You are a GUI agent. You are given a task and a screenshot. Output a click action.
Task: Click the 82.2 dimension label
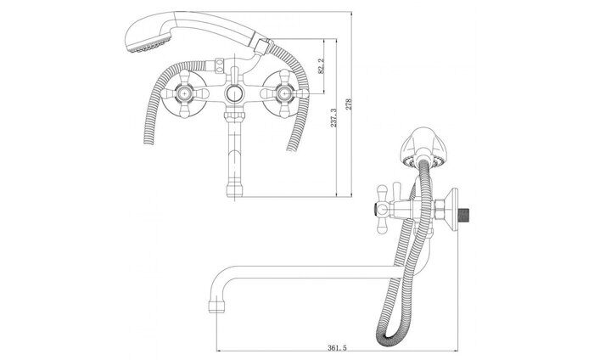click(x=322, y=66)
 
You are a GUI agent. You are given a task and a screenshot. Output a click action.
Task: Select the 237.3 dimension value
click(x=333, y=118)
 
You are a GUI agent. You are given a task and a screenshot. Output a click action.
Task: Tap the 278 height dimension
click(x=349, y=104)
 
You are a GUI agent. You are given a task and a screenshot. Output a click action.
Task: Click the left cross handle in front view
click(x=184, y=93)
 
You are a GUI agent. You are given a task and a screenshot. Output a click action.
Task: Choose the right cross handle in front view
click(x=284, y=93)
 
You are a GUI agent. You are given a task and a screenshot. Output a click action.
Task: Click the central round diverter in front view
click(x=234, y=93)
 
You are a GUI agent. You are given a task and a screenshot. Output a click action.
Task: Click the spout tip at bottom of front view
click(x=234, y=190)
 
